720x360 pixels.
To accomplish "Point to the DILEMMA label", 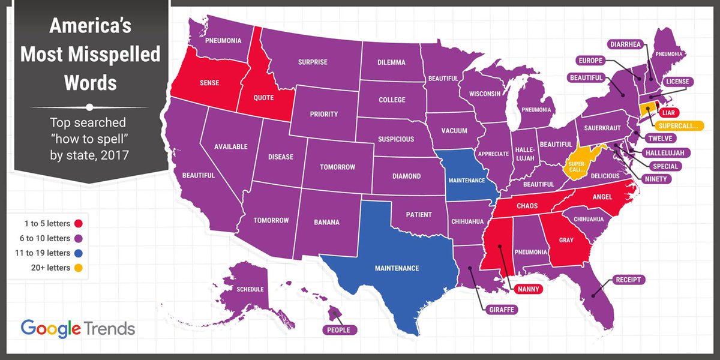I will (391, 62).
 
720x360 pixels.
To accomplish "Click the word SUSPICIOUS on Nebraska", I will (395, 139).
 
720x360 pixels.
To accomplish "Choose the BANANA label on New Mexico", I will (326, 223).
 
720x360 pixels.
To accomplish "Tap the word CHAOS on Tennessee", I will (525, 206).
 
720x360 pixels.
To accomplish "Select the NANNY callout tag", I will (528, 290).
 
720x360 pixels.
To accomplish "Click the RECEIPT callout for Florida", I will (628, 280).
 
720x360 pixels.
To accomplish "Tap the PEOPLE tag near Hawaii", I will (338, 329).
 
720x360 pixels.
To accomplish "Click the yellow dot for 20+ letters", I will (77, 268).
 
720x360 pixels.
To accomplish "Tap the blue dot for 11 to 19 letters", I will (77, 253).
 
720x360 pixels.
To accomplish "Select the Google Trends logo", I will (78, 329).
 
